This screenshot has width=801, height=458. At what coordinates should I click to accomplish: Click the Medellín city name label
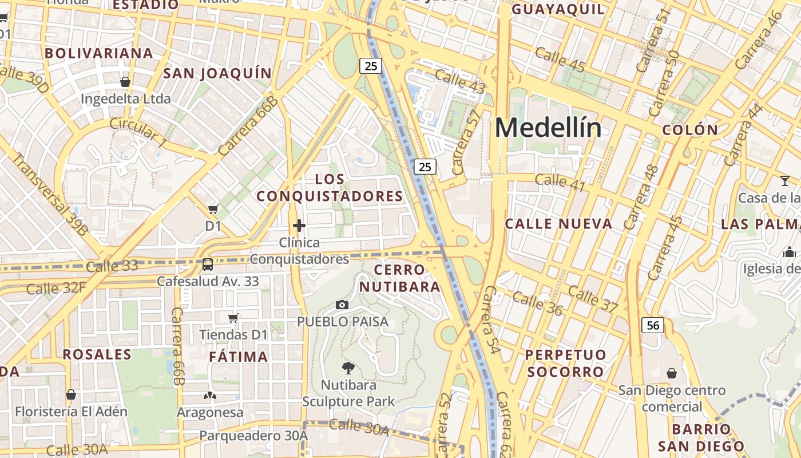[x=548, y=128]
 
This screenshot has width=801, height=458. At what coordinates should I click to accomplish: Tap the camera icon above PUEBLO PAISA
[x=342, y=305]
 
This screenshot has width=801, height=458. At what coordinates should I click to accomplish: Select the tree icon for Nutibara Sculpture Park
[x=348, y=368]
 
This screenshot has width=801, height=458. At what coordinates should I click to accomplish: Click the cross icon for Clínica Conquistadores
[x=299, y=226]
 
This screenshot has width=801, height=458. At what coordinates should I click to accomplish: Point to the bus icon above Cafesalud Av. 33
[x=208, y=264]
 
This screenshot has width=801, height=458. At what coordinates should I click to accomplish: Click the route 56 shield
[x=653, y=326]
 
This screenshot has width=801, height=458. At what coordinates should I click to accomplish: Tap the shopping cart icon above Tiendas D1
[x=233, y=318]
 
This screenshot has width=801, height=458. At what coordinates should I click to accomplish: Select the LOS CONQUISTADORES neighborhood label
[x=330, y=188]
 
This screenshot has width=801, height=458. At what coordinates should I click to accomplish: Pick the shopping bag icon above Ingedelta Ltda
[x=125, y=82]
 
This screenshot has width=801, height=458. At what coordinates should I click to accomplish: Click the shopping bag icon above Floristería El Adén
[x=71, y=394]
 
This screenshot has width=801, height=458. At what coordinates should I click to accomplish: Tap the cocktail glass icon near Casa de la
[x=784, y=181]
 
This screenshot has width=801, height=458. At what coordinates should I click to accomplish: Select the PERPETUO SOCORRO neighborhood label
[x=565, y=363]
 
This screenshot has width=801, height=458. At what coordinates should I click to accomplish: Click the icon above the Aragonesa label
[x=209, y=395]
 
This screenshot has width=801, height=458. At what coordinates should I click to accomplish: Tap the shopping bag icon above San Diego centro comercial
[x=672, y=373]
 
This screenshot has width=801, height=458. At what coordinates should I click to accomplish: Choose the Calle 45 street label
[x=560, y=61]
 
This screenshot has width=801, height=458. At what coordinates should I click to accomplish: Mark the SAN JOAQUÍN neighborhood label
[x=217, y=73]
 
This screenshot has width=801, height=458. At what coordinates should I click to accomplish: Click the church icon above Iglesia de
[x=790, y=251]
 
